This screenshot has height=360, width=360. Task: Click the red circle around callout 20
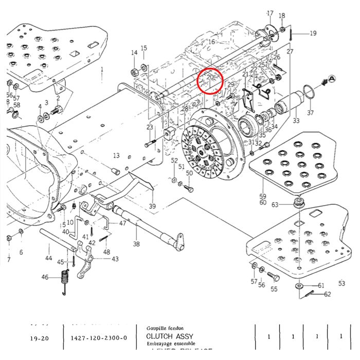pyautogui.click(x=210, y=81)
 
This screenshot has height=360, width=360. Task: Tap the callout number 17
pyautogui.click(x=270, y=13)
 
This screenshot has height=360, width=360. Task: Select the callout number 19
pyautogui.click(x=313, y=33)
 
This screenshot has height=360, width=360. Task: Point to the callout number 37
pyautogui.click(x=310, y=113)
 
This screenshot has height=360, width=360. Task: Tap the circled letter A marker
pyautogui.click(x=332, y=79)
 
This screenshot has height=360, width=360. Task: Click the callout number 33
pyautogui.click(x=296, y=121)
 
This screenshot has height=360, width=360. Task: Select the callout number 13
pyautogui.click(x=116, y=156)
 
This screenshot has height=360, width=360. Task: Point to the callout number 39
pyautogui.click(x=152, y=206)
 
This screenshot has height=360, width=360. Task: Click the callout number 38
pyautogui.click(x=136, y=244)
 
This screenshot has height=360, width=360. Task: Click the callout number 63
pyautogui.click(x=275, y=205)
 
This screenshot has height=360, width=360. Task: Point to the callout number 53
pyautogui.click(x=341, y=283)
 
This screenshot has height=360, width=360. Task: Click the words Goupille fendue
pyautogui.click(x=165, y=327)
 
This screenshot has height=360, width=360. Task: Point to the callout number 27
pyautogui.click(x=290, y=51)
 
